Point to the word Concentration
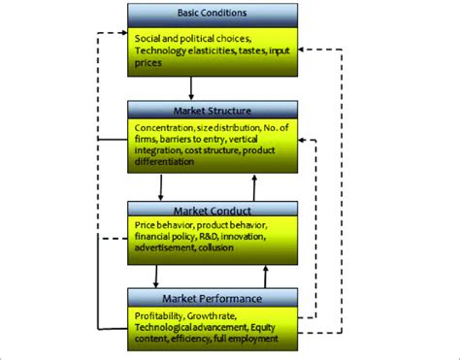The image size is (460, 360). (162, 129)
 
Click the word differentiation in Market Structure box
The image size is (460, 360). (169, 164)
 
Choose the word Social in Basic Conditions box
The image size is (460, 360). (148, 37)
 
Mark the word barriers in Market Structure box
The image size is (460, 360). (172, 141)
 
